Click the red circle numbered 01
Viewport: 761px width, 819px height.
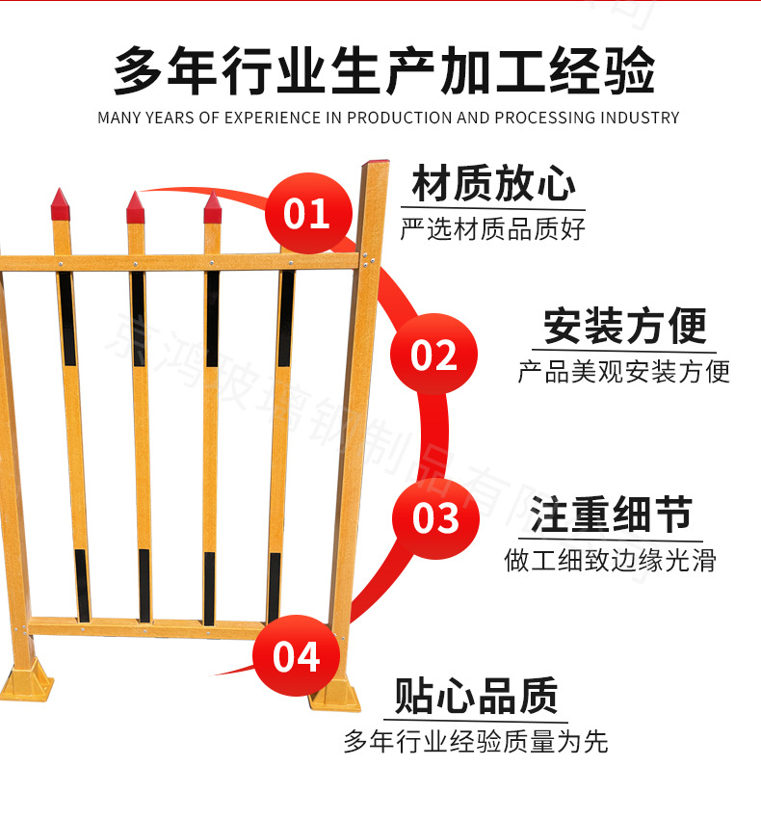306,213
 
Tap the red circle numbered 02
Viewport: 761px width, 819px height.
433,355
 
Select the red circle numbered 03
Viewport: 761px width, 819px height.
435,518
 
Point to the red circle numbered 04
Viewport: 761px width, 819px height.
296,656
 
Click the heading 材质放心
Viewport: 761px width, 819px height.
494,185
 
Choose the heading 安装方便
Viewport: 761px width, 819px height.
624,327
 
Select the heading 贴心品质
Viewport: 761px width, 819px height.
476,696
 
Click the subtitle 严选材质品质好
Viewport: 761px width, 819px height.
493,229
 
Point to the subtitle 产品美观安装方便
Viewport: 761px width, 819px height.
624,371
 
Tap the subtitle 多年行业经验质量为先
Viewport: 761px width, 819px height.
476,741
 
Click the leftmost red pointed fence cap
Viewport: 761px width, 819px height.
61,204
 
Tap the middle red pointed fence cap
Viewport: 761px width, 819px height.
135,206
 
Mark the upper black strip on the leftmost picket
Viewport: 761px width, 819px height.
66,318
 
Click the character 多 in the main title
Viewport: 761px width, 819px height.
142,71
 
